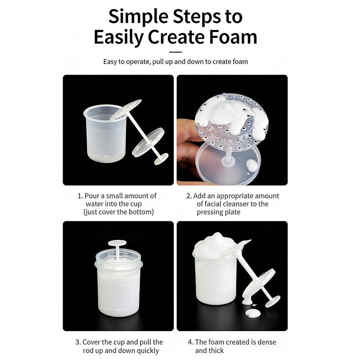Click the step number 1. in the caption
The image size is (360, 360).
tap(80, 196)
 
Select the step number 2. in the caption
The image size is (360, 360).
tap(189, 196)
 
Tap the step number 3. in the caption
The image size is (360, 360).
tap(78, 342)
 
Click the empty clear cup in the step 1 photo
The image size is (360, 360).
tap(104, 135)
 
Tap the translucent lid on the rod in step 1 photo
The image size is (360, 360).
tap(148, 142)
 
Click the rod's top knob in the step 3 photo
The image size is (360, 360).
tap(117, 243)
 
